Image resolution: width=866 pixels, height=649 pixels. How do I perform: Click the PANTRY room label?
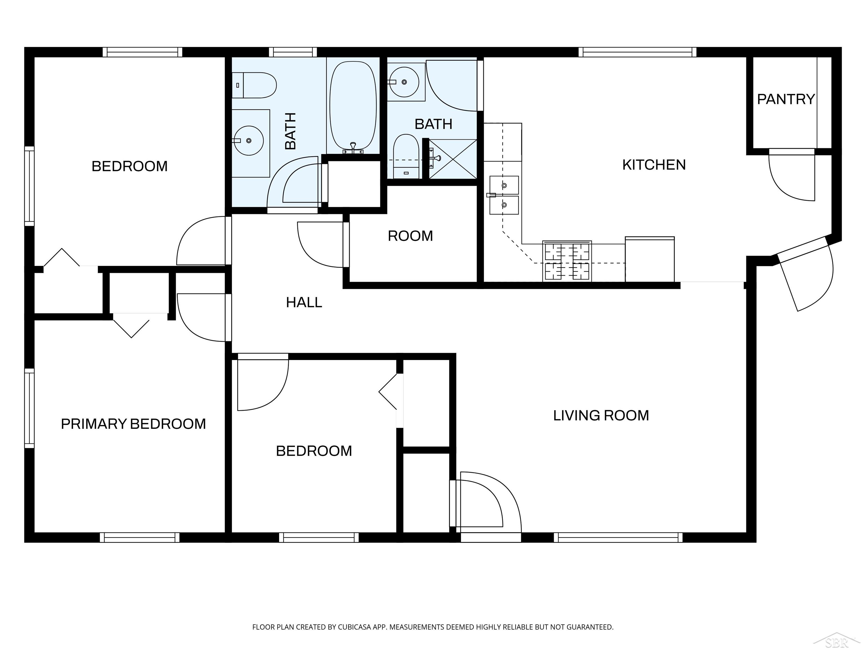[786, 99]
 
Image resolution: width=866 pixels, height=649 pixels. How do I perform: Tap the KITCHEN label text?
[654, 165]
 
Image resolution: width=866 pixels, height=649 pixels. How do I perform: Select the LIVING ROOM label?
[601, 415]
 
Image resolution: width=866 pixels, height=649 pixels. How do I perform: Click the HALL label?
[304, 303]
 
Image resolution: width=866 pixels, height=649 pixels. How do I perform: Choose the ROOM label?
[410, 236]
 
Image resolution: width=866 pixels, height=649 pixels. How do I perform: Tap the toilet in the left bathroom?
[255, 85]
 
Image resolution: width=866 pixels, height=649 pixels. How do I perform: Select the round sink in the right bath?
[404, 82]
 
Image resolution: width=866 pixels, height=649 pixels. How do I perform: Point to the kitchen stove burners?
[567, 261]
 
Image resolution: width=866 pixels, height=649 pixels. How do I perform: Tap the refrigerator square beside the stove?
[650, 259]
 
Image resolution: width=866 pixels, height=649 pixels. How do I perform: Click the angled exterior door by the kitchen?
[805, 274]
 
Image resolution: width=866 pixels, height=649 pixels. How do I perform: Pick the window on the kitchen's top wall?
[637, 52]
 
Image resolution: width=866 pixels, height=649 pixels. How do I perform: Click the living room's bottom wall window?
[618, 537]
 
